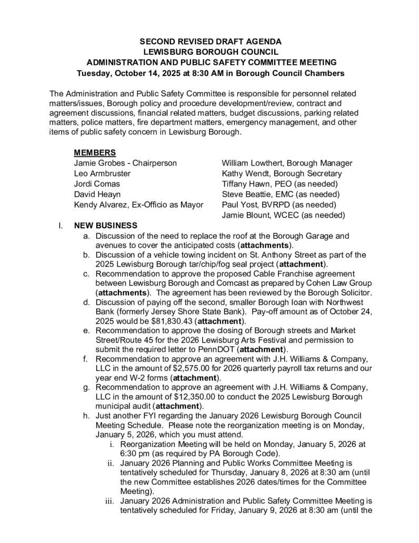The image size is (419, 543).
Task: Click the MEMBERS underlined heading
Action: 95,153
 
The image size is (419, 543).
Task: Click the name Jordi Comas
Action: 97,183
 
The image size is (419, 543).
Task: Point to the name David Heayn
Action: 97,194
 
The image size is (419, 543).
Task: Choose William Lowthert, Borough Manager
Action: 287,163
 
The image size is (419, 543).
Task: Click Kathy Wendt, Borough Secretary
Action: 282,173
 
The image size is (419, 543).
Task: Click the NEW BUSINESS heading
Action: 105,225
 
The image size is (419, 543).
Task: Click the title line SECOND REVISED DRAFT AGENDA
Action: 210,41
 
